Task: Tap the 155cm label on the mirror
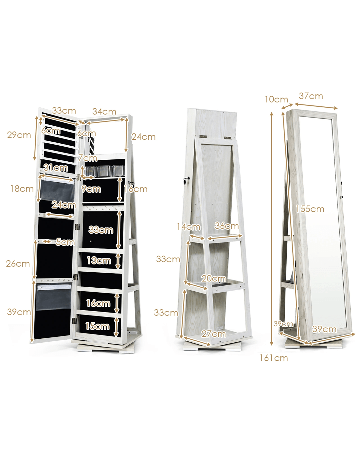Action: pos(310,209)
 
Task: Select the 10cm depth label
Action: pos(277,99)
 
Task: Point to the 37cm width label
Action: pos(311,96)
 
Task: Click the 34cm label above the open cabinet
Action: pos(104,112)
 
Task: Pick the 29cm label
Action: pos(19,135)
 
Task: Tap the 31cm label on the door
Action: pos(56,168)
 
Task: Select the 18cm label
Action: pos(22,189)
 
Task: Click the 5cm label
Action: pos(65,242)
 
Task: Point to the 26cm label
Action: pos(18,264)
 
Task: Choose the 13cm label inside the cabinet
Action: pos(99,261)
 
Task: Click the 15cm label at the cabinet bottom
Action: pos(98,326)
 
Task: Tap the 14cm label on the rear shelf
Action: pos(189,227)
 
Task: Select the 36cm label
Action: pos(227,226)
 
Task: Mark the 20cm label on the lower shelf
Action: pos(214,279)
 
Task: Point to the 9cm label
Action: pos(91,189)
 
